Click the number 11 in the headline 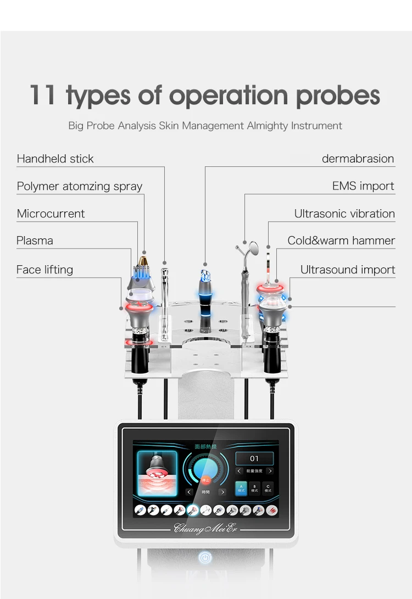click(43, 94)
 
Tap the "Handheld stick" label click(55, 159)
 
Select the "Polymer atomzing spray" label click(80, 186)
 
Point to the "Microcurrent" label click(51, 214)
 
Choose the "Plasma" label click(35, 240)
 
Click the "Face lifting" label click(44, 270)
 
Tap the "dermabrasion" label click(358, 159)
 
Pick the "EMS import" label click(363, 186)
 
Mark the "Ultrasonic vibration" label click(344, 214)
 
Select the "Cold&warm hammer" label click(341, 240)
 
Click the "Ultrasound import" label click(348, 270)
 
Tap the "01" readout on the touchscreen click(254, 458)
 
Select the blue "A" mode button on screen click(241, 488)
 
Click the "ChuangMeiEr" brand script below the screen click(205, 528)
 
